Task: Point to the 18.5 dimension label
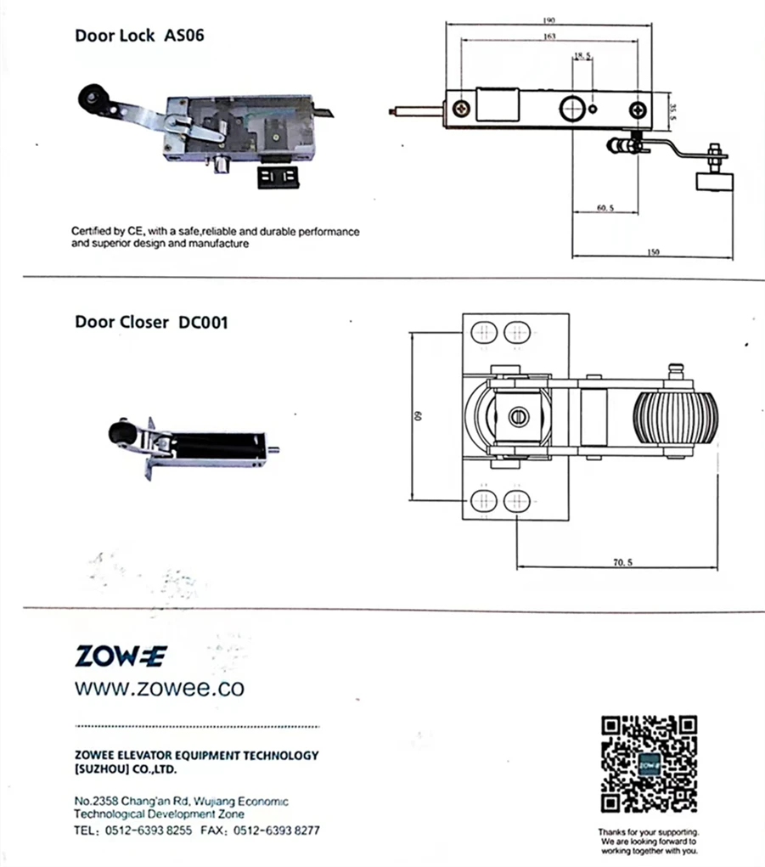click(582, 56)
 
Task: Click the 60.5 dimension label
click(605, 208)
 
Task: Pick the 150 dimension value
click(652, 252)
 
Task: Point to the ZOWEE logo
click(121, 656)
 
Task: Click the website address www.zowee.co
click(159, 687)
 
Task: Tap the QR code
click(649, 763)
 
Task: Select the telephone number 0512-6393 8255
click(147, 830)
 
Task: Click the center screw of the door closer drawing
click(518, 417)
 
